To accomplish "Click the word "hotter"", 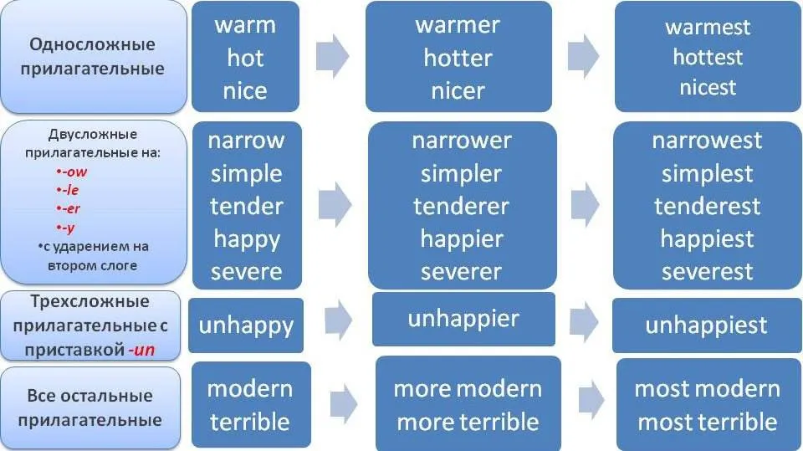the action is [x=458, y=58].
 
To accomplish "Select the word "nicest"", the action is [x=708, y=87].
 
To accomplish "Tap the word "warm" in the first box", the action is [x=245, y=26].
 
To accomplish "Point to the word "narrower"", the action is [x=462, y=141].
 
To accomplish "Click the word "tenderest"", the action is [x=708, y=207].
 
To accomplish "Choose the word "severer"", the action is [x=461, y=272].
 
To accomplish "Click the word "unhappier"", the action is [x=463, y=319].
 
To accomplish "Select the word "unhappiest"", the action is [x=706, y=325].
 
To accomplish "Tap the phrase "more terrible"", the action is [x=468, y=423].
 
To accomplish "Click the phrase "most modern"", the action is [x=708, y=389].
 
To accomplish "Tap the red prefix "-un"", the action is [x=141, y=350].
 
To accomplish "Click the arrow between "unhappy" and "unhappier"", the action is [x=338, y=320].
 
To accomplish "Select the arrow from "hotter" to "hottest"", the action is [x=583, y=56].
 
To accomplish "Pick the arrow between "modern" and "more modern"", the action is [x=344, y=404].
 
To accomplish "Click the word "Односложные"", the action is [x=92, y=44].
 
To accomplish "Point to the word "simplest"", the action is [x=708, y=174].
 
